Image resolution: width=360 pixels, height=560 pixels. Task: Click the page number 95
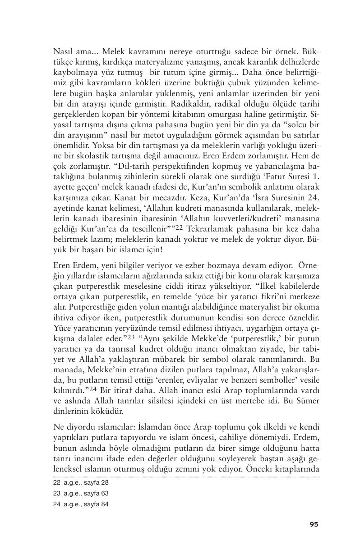pos(314,524)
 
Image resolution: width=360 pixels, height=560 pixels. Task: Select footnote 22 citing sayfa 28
pos(81,482)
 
